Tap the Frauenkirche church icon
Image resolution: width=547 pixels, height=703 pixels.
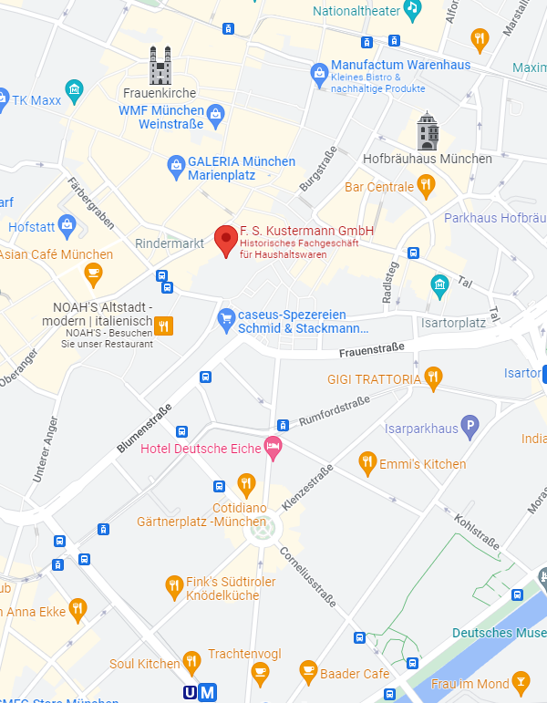[x=160, y=66]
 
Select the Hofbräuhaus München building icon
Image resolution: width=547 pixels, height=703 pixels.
[x=427, y=131]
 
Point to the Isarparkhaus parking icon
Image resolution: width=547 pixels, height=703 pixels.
[x=470, y=424]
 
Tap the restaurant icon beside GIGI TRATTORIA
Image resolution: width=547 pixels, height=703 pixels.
[x=433, y=376]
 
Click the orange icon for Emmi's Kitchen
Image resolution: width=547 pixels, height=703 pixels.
[x=367, y=464]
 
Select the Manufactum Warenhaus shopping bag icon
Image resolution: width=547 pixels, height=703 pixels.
[x=318, y=71]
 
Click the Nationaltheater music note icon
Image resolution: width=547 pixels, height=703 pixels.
[x=412, y=10]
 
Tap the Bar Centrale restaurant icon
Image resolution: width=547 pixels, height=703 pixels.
[x=426, y=187]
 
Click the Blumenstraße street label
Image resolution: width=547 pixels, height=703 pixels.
[x=144, y=428]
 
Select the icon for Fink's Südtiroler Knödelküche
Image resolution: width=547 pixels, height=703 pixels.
[x=174, y=585]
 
